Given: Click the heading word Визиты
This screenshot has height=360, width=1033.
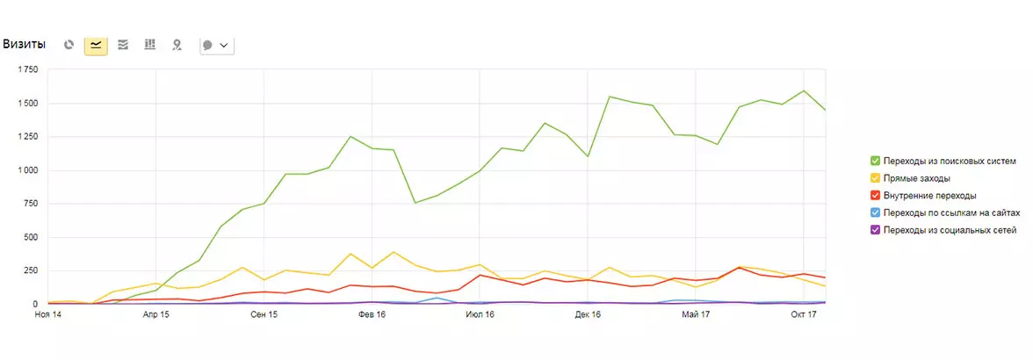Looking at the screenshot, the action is (25, 45).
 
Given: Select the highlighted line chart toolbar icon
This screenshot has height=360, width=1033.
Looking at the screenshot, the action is (97, 45).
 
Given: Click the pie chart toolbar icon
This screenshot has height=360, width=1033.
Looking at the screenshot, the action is (69, 45).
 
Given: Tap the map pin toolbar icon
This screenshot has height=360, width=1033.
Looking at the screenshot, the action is (177, 45).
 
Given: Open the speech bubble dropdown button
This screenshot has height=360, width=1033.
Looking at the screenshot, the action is (217, 45).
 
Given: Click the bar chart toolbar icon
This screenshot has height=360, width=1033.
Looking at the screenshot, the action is (149, 45).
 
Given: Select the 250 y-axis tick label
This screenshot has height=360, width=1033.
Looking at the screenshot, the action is (30, 270).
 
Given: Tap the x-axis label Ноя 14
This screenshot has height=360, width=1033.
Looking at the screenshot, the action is (48, 315).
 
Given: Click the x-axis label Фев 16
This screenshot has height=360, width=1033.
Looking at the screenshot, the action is (372, 315).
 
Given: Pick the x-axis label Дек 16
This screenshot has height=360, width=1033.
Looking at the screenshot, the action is (588, 315).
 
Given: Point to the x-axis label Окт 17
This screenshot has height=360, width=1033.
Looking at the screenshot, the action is (804, 315).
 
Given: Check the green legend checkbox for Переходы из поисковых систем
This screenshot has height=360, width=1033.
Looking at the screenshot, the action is (876, 161).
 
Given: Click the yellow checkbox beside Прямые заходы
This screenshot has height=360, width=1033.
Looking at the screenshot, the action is (876, 178).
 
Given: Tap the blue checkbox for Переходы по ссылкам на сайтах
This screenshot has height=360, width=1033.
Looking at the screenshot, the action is (876, 212).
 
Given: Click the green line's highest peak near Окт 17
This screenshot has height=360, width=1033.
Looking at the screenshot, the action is (804, 90).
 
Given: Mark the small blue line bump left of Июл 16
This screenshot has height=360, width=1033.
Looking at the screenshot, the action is (437, 299).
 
